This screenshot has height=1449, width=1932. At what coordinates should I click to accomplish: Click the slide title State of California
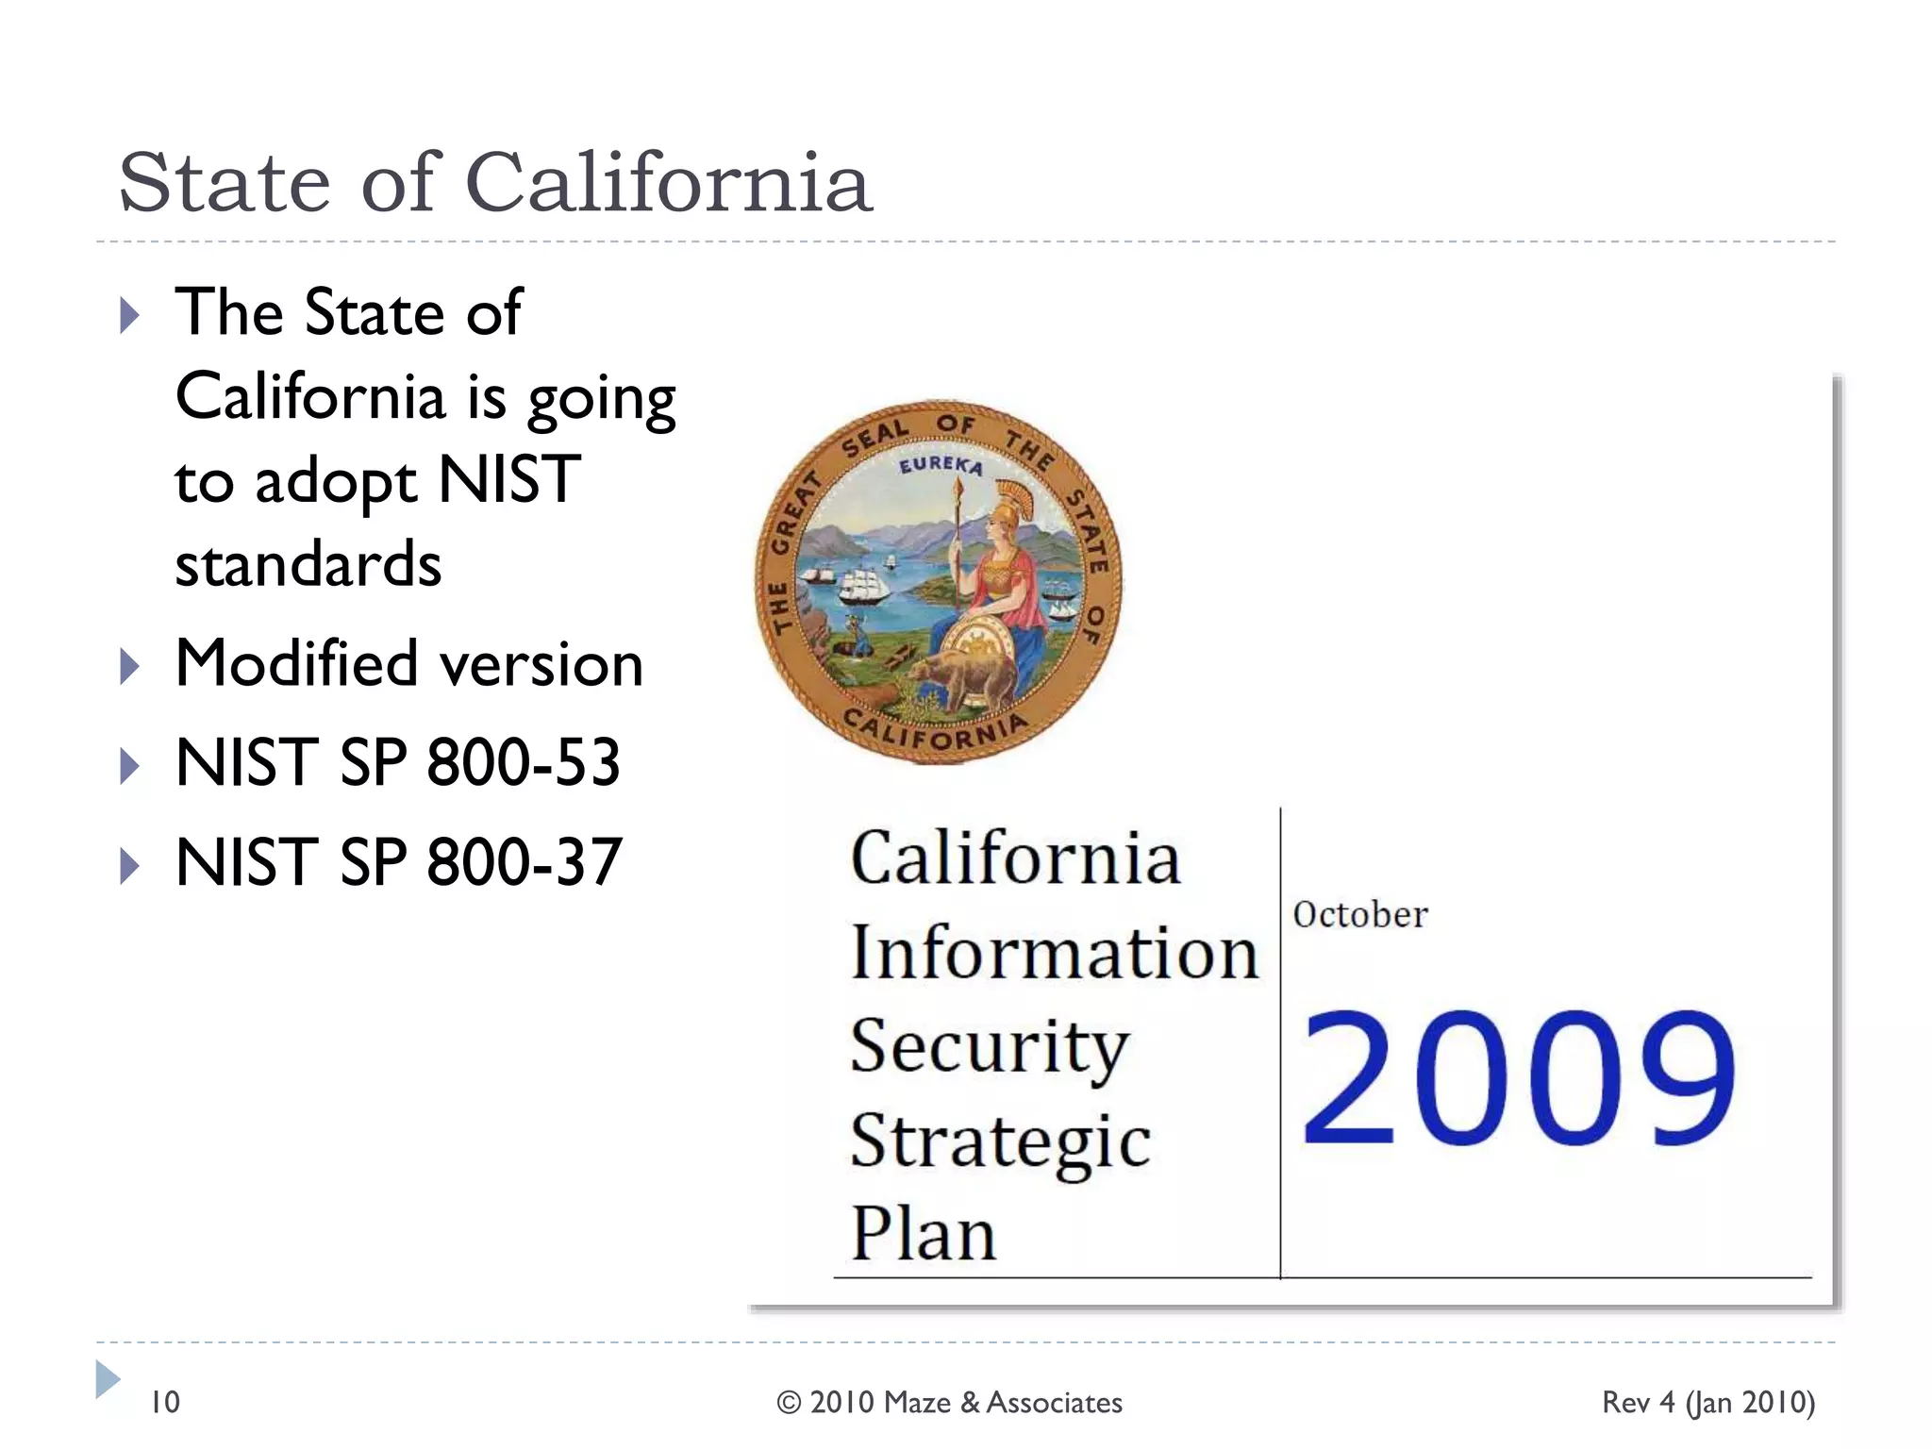pos(495,182)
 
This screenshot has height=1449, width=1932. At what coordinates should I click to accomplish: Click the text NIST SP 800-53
pos(397,762)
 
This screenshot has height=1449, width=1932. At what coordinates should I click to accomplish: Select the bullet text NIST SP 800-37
pos(398,861)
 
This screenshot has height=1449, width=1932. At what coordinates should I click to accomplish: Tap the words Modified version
pos(409,663)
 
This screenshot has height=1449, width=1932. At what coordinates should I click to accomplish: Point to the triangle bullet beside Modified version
pos(130,667)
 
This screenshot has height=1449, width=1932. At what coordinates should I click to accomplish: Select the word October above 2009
pos(1359,915)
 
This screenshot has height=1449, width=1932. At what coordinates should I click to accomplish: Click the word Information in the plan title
pos(1054,953)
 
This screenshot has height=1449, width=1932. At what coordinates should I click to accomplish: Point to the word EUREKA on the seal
pos(940,465)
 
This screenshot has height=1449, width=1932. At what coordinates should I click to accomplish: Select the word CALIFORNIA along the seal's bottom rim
pos(934,731)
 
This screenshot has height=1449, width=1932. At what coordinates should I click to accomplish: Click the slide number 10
pos(165,1402)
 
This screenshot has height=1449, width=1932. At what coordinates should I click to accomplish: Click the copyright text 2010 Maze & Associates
pos(949,1403)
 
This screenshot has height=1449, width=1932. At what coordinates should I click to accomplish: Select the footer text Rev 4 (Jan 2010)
pos(1707,1403)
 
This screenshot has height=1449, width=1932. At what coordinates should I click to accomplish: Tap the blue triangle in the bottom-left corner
pos(108,1379)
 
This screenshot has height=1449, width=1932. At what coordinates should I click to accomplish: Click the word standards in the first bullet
pos(308,564)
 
